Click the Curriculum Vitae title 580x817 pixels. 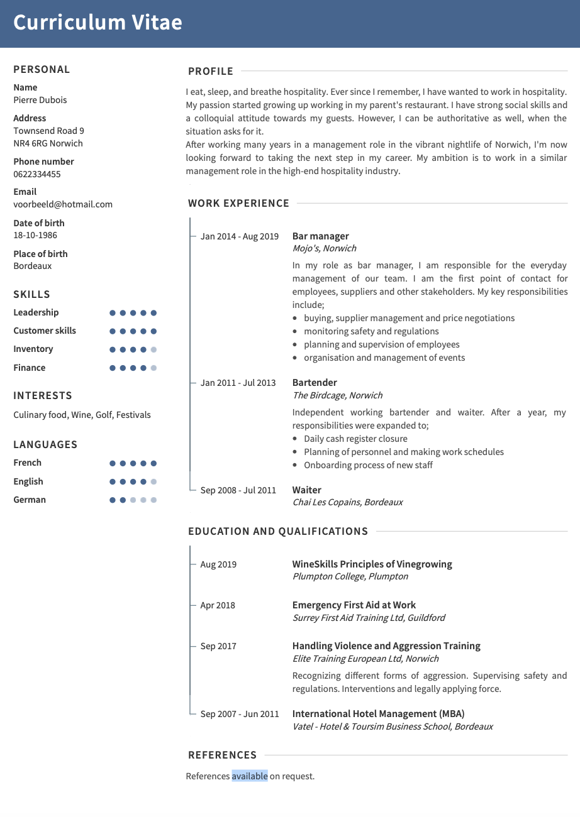pyautogui.click(x=98, y=22)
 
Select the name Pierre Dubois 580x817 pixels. pyautogui.click(x=40, y=100)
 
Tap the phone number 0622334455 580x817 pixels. pyautogui.click(x=37, y=174)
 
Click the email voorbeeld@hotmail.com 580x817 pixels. pyautogui.click(x=63, y=204)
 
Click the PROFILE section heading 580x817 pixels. pyautogui.click(x=211, y=72)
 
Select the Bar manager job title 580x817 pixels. pyautogui.click(x=320, y=236)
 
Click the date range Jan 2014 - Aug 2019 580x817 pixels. pyautogui.click(x=239, y=237)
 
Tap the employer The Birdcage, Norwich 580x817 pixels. pyautogui.click(x=337, y=395)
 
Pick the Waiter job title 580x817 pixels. pyautogui.click(x=306, y=490)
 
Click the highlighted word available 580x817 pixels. pyautogui.click(x=250, y=776)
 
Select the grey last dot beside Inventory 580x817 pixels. pyautogui.click(x=154, y=349)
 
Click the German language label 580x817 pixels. pyautogui.click(x=30, y=500)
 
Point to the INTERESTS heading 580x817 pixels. pyautogui.click(x=43, y=396)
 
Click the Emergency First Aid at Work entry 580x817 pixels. pyautogui.click(x=354, y=605)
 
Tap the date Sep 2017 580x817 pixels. pyautogui.click(x=218, y=646)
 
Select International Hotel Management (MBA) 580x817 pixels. pyautogui.click(x=378, y=714)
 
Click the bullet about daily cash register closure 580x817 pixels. pyautogui.click(x=355, y=439)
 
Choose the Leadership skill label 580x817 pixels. pyautogui.click(x=36, y=312)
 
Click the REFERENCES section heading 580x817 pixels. pyautogui.click(x=223, y=755)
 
